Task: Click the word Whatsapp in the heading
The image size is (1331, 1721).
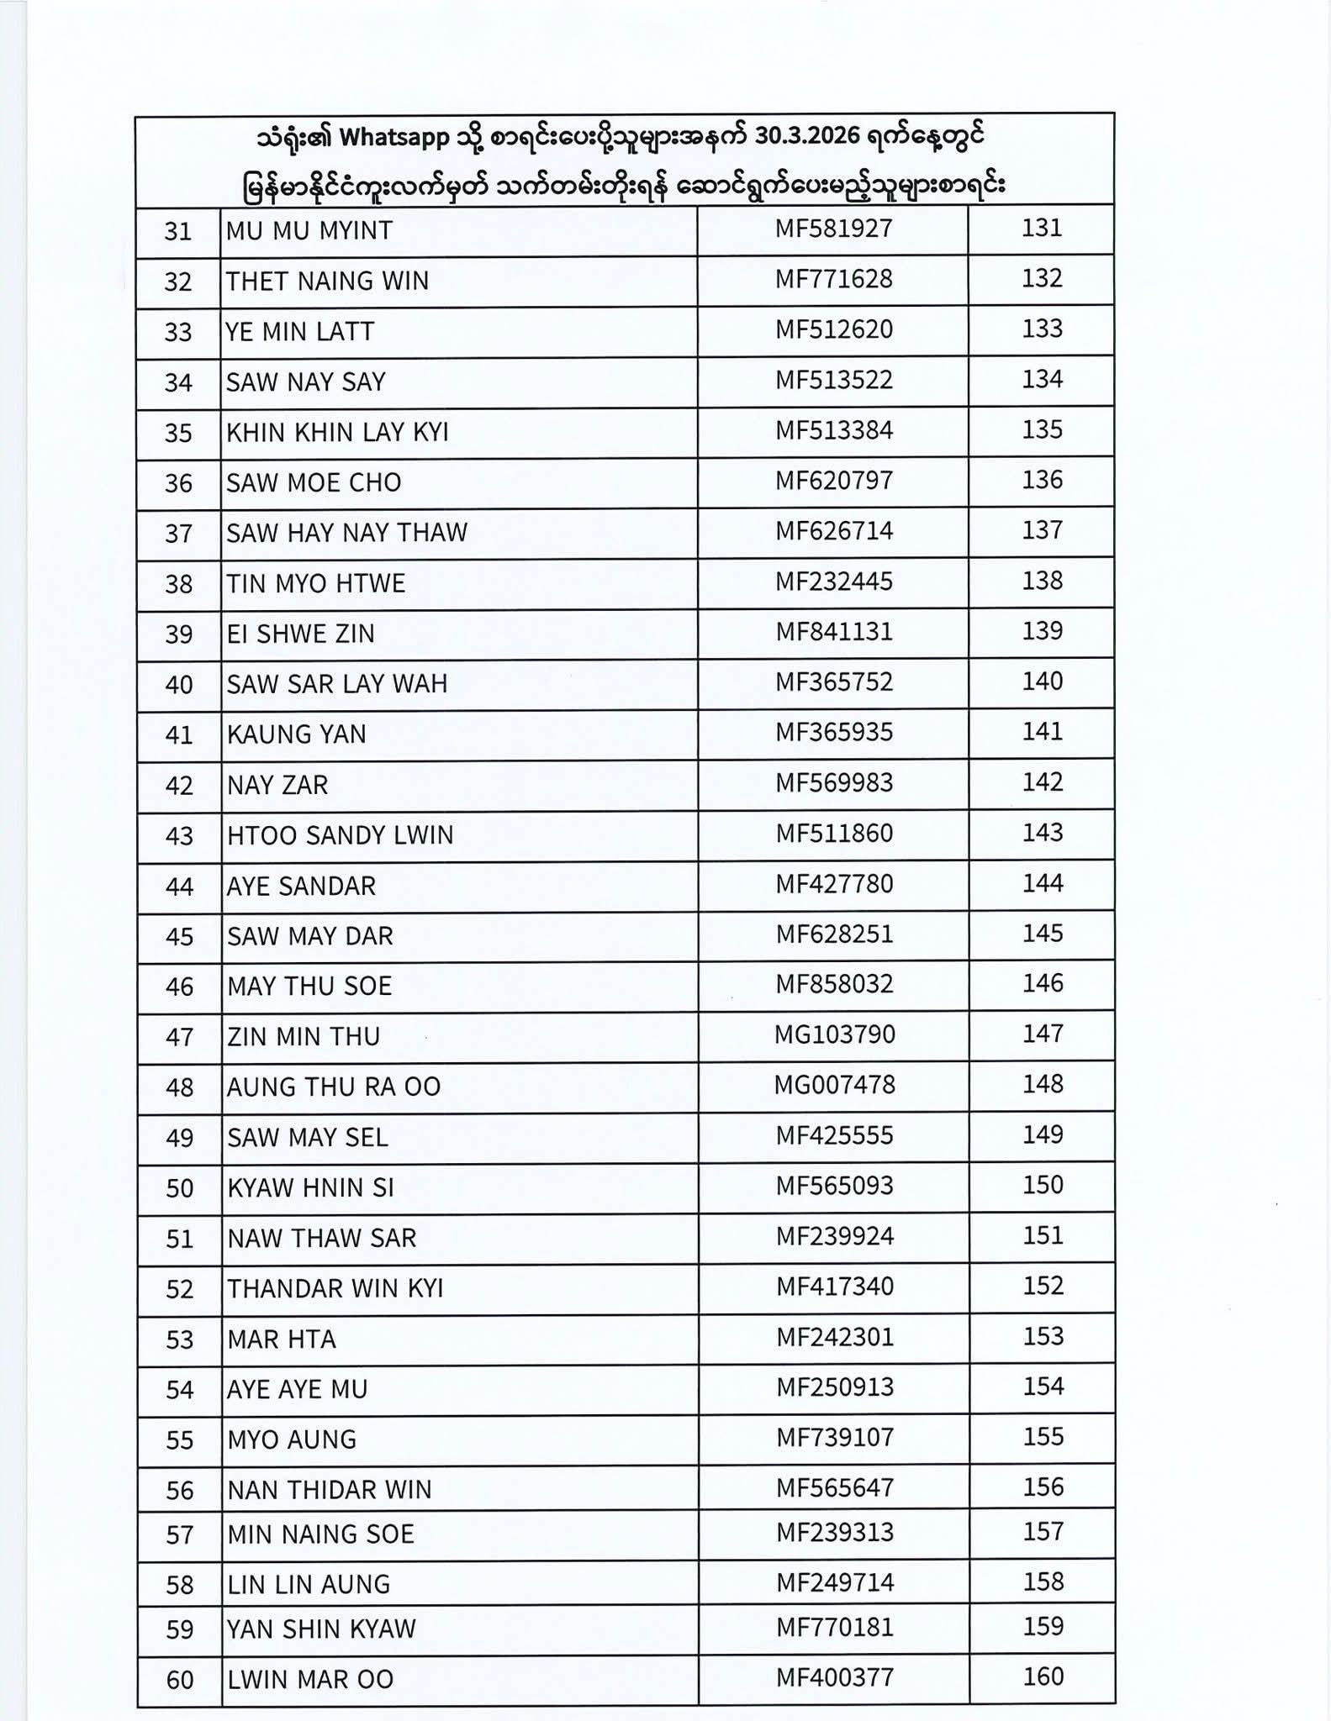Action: point(394,139)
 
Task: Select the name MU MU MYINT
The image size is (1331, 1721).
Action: point(309,231)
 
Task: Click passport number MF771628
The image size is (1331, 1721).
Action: point(833,279)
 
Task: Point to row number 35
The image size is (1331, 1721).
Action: point(178,433)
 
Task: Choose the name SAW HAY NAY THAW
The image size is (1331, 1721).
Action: point(346,533)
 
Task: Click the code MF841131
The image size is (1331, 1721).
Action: point(833,632)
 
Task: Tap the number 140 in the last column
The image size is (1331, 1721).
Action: point(1042,682)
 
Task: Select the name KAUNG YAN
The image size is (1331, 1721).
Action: point(296,734)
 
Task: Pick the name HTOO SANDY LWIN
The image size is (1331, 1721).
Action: point(340,835)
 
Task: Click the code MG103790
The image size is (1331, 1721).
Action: point(834,1034)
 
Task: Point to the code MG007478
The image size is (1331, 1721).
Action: point(834,1085)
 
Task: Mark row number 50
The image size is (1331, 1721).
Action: point(179,1188)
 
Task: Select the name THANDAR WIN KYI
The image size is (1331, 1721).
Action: point(335,1288)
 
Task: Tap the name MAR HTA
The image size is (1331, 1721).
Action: point(281,1339)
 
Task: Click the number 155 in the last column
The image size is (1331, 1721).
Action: point(1043,1437)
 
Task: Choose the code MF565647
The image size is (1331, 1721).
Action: point(834,1488)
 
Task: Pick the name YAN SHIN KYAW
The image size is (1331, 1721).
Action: point(320,1629)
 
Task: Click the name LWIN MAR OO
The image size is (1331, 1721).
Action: point(309,1680)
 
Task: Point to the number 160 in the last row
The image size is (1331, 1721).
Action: point(1043,1677)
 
